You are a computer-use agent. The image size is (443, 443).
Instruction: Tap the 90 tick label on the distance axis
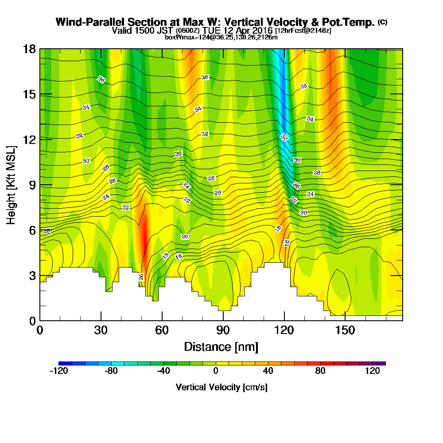(x=223, y=330)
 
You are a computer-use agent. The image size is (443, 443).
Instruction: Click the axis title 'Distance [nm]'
(x=221, y=346)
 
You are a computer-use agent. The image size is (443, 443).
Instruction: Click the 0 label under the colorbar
(x=215, y=371)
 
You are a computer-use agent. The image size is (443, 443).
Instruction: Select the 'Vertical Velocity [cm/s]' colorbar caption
(x=221, y=387)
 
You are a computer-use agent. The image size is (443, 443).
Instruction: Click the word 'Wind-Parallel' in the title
(x=83, y=22)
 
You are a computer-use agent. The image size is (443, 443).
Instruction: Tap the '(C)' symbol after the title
(x=382, y=22)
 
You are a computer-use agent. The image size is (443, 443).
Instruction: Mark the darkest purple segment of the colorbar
(x=382, y=363)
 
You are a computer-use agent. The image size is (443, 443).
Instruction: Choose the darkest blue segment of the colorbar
(x=62, y=363)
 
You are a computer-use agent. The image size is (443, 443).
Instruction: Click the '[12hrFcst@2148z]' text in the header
(x=303, y=31)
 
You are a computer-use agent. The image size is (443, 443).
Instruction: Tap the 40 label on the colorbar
(x=268, y=371)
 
